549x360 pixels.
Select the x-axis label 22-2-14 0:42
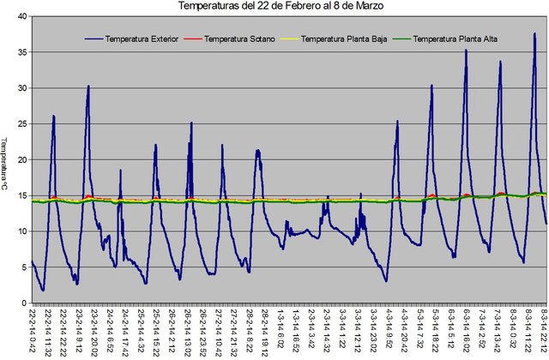pyautogui.click(x=33, y=330)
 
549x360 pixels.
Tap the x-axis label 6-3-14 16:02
pyautogui.click(x=467, y=329)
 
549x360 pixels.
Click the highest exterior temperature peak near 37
pyautogui.click(x=534, y=33)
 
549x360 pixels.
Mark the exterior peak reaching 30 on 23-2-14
pyautogui.click(x=88, y=86)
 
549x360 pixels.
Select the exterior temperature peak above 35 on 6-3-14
pyautogui.click(x=467, y=50)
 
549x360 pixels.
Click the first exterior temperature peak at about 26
pyautogui.click(x=53, y=116)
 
